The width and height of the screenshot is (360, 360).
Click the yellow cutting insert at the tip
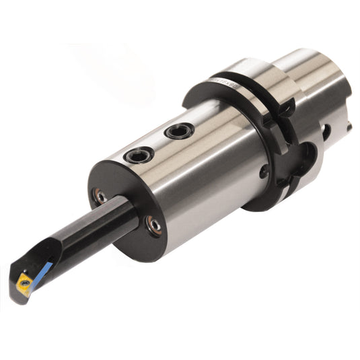coord(25,283)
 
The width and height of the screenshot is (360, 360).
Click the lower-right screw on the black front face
coord(154,226)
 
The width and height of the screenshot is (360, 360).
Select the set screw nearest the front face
coord(139,155)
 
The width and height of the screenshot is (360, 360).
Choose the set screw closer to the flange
coord(180,131)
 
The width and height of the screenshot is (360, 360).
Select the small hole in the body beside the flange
coord(264,172)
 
